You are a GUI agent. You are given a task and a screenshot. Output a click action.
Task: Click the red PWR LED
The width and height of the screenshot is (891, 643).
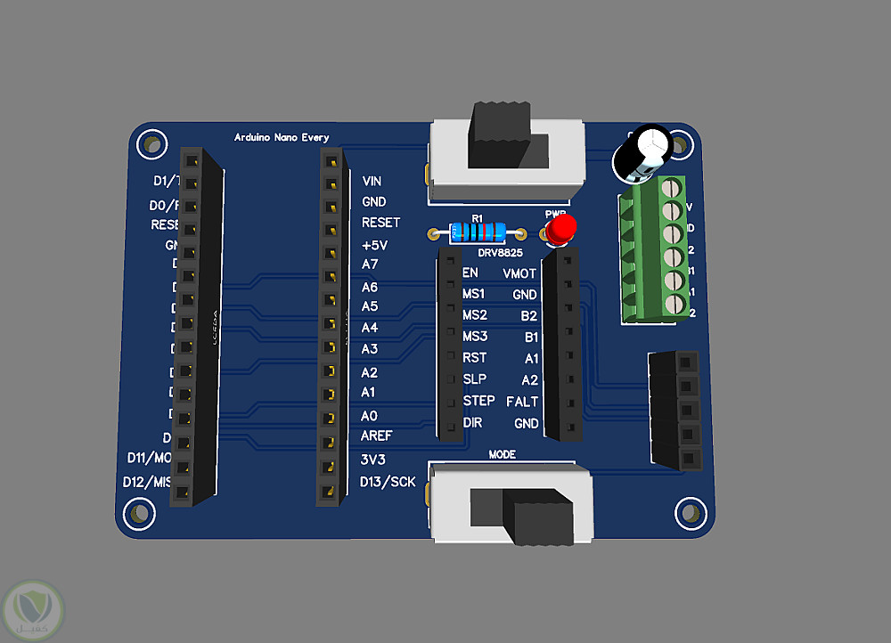click(560, 231)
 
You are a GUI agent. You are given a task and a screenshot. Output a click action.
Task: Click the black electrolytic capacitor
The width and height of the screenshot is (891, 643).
click(639, 156)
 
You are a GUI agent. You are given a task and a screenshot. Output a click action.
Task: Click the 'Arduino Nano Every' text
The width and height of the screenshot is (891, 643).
click(282, 137)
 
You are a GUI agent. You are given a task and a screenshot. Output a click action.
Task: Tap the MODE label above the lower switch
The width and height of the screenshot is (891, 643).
click(503, 454)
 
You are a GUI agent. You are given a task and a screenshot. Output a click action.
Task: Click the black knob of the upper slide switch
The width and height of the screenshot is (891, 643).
click(499, 134)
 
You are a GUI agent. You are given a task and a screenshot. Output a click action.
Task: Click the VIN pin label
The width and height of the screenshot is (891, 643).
click(372, 181)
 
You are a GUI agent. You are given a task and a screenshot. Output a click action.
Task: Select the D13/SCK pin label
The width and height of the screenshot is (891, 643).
click(388, 482)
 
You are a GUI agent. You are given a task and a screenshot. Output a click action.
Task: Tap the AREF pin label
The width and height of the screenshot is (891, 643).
click(377, 436)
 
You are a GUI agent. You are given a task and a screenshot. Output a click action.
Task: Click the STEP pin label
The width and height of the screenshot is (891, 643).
click(478, 402)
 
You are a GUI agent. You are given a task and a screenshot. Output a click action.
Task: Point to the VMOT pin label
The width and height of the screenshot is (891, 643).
click(520, 273)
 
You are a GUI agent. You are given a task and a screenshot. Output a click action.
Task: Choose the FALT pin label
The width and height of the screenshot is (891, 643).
click(522, 402)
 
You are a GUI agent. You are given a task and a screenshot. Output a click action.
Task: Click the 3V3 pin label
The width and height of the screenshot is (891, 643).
click(374, 460)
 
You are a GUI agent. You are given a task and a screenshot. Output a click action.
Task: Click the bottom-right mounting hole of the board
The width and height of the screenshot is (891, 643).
click(689, 510)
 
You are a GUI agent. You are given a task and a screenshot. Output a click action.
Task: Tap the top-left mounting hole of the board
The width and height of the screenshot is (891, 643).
click(153, 143)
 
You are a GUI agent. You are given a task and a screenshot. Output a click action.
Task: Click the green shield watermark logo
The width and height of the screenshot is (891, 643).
click(33, 609)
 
